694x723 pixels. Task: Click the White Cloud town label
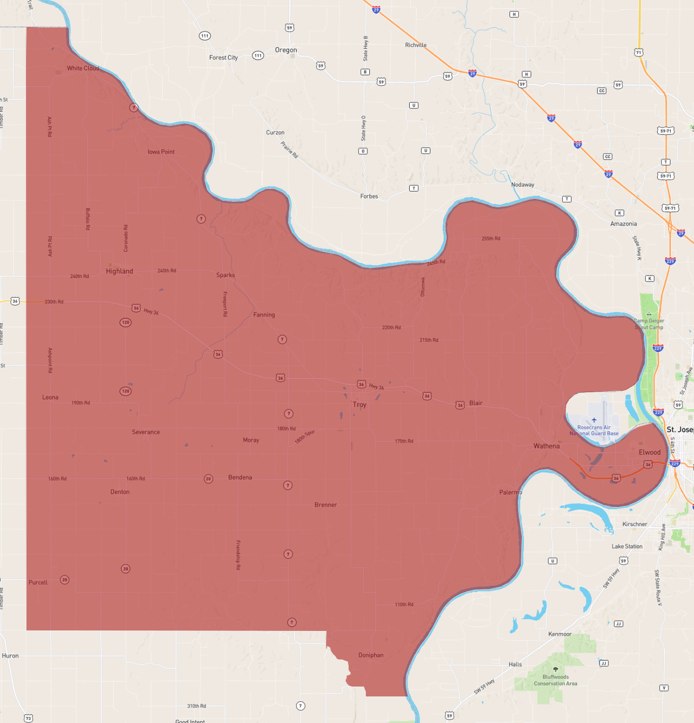(83, 68)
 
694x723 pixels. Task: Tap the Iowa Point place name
(161, 152)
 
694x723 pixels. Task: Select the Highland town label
(120, 271)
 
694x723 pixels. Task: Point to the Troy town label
(360, 405)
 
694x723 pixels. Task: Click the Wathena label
(546, 446)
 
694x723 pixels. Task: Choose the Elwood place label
(649, 452)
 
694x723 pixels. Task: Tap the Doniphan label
(371, 655)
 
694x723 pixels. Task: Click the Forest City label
(223, 58)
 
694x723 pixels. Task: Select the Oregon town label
(286, 50)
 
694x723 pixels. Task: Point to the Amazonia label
(623, 223)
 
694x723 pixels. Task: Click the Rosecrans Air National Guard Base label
(594, 430)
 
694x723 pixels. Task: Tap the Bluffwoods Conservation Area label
(556, 680)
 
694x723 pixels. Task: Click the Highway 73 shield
(29, 718)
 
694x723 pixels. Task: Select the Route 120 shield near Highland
(125, 322)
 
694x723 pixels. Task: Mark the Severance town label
(146, 432)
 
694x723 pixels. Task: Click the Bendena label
(240, 477)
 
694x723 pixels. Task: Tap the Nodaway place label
(522, 185)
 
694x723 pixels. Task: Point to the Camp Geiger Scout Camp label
(649, 324)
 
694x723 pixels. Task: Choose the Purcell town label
(38, 582)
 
